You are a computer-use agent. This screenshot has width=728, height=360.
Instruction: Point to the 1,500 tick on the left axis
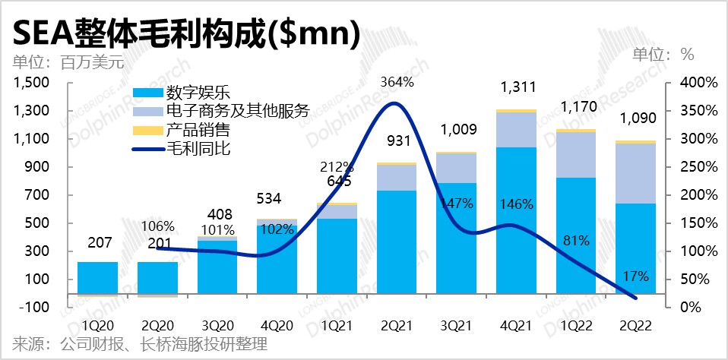[x=32, y=83]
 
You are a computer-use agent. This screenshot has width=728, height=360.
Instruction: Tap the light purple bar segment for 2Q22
[x=635, y=173]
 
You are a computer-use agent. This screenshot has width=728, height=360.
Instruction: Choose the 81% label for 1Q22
[x=577, y=242]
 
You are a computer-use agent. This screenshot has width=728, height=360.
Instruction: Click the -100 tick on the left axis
[x=35, y=307]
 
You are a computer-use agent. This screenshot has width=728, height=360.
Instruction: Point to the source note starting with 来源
[x=137, y=345]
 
